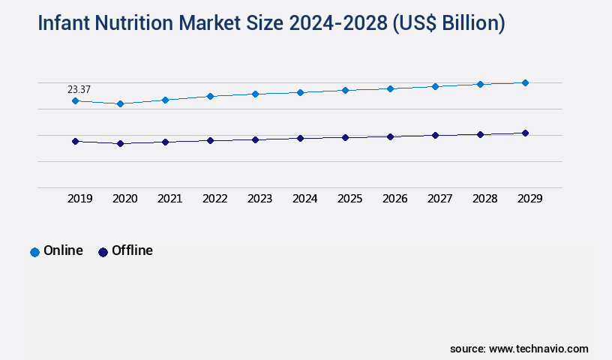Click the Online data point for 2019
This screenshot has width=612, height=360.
[x=75, y=100]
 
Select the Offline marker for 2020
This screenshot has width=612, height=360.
[x=120, y=143]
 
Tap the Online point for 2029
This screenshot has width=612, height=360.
[x=525, y=82]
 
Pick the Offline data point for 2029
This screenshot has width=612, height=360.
[x=525, y=133]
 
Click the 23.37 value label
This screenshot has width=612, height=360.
[x=79, y=89]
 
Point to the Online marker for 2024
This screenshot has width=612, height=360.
[x=300, y=92]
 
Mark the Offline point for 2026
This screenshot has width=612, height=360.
[x=390, y=136]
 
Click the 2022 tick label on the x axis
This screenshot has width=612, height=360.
[x=214, y=199]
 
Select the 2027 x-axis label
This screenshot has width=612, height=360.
[x=439, y=199]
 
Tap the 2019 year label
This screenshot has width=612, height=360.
[x=79, y=199]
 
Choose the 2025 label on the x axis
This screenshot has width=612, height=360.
[x=349, y=199]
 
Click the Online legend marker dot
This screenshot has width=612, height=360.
[x=34, y=252]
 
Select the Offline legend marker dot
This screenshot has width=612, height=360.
[x=103, y=252]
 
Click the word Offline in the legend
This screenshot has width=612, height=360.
[x=132, y=250]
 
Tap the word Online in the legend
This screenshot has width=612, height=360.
[x=63, y=250]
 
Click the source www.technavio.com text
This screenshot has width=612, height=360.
[x=519, y=349]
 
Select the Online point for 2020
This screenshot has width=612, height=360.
[x=120, y=103]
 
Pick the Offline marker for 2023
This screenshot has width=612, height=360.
[x=255, y=139]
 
